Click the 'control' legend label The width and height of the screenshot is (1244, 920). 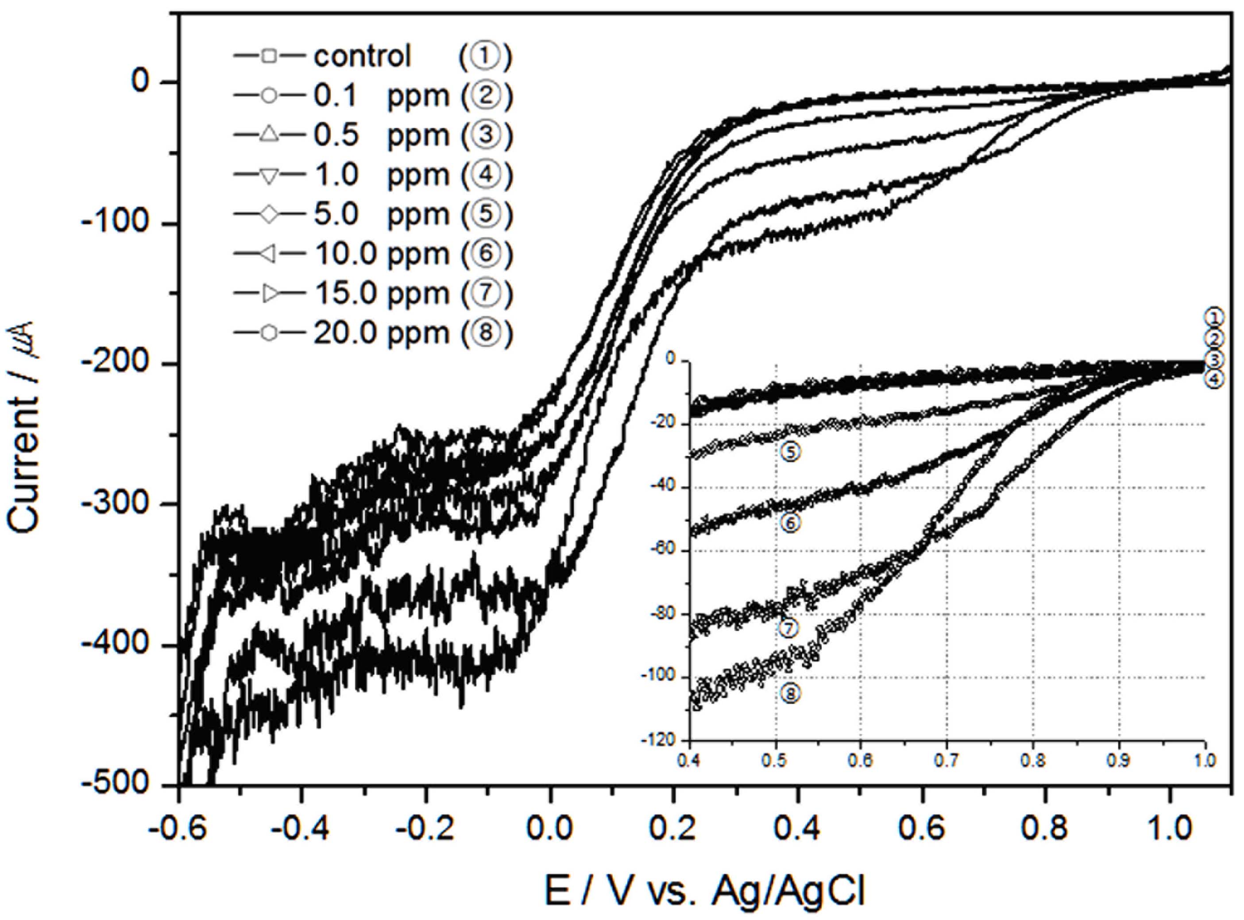click(x=363, y=56)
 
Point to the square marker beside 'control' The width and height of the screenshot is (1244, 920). click(x=269, y=56)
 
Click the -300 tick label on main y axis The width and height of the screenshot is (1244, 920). click(x=114, y=504)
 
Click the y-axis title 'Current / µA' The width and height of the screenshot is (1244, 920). click(x=25, y=427)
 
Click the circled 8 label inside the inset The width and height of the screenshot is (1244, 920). click(x=790, y=694)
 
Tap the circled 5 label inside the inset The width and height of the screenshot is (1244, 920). click(x=790, y=452)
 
